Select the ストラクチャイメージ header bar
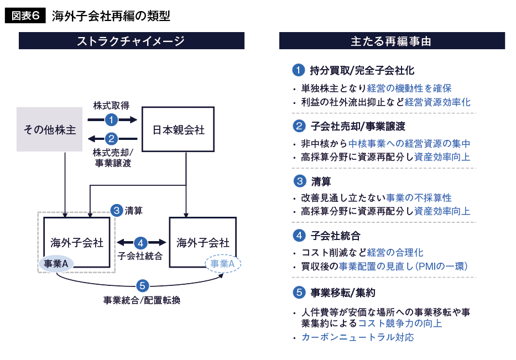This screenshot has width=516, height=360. click(131, 41)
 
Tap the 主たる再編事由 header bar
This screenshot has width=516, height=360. click(391, 41)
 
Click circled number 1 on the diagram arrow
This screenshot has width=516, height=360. click(112, 119)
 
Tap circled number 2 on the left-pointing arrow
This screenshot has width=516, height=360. click(112, 139)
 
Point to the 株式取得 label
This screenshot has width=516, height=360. click(111, 106)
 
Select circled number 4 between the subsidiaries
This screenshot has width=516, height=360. click(141, 243)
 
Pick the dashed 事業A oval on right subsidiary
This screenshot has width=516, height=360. click(223, 264)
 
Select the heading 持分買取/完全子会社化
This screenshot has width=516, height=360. click(362, 71)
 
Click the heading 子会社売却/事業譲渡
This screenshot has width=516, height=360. click(358, 126)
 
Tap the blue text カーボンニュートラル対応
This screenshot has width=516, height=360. click(357, 337)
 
